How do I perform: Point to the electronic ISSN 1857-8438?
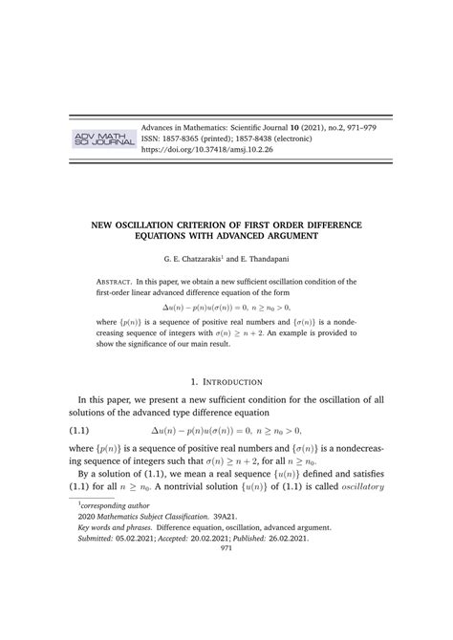coord(267,139)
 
